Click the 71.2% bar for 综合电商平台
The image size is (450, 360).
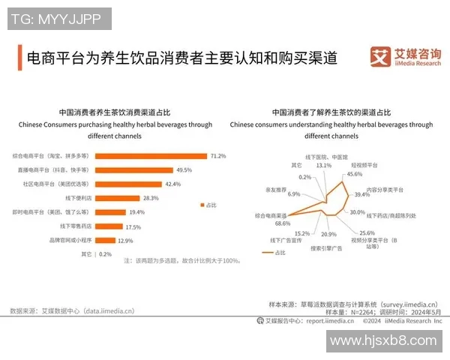[x=150, y=156]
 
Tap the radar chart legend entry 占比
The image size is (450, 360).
[x=277, y=253]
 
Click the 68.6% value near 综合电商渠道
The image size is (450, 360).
[x=282, y=223]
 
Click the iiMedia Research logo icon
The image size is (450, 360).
[x=381, y=58]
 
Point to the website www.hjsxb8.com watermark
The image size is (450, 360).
[x=383, y=340]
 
